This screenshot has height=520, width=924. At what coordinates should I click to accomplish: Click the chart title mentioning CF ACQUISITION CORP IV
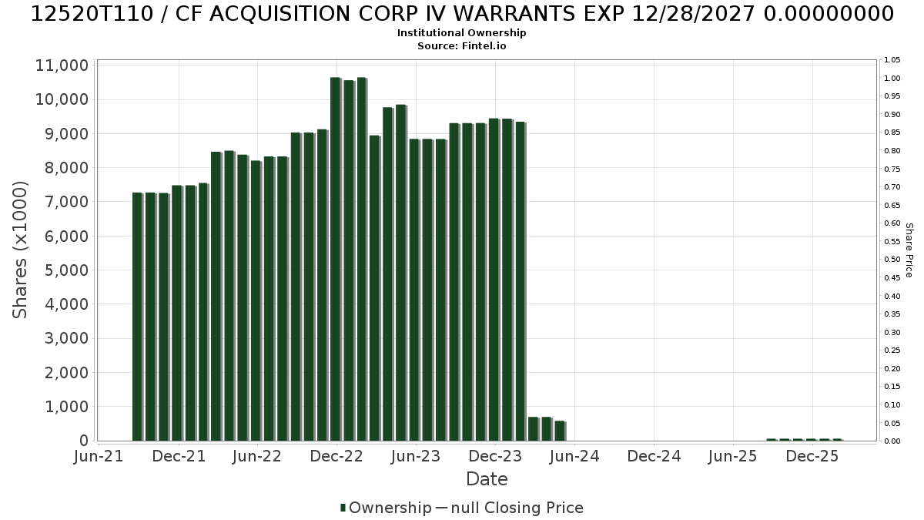(462, 14)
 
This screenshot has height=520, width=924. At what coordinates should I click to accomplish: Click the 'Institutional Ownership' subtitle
(461, 33)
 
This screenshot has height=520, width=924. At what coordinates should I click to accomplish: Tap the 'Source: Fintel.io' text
(461, 45)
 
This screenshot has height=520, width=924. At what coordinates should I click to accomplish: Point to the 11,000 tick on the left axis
(62, 65)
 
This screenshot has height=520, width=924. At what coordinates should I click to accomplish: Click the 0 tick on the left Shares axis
(84, 441)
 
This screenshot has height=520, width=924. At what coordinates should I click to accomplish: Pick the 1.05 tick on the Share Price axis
(892, 60)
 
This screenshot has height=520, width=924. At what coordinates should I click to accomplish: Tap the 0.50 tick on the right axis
(892, 260)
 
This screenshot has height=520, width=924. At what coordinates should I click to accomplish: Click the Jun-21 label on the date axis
(99, 456)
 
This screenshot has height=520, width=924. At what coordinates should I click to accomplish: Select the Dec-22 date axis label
(336, 456)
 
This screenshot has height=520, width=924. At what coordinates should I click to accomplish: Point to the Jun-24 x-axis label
(574, 456)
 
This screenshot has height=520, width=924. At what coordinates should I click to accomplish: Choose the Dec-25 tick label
(812, 456)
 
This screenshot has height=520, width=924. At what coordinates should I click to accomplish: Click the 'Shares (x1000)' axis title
(20, 250)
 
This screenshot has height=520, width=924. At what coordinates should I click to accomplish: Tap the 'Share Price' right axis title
(909, 250)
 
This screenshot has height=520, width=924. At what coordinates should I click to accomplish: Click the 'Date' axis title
(487, 479)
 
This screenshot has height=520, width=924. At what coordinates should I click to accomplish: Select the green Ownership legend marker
(343, 508)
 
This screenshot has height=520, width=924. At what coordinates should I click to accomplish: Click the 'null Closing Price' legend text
(517, 508)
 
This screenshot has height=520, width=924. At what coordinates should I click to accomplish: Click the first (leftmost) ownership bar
(137, 317)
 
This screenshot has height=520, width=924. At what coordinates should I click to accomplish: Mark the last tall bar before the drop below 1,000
(521, 281)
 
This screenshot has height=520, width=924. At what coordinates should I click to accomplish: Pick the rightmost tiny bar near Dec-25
(838, 440)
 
